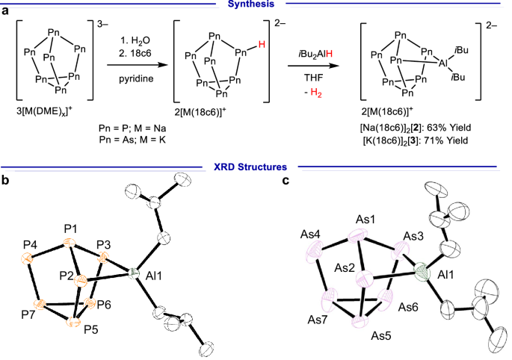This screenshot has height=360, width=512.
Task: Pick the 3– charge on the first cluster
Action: tap(105, 28)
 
